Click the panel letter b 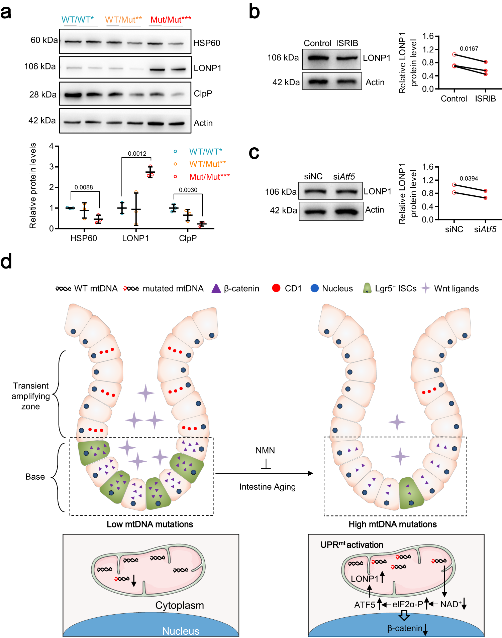[254, 12]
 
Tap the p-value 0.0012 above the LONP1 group [137, 154]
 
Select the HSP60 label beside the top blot [206, 43]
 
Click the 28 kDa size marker [43, 95]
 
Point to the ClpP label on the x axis [188, 238]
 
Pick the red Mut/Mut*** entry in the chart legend [209, 177]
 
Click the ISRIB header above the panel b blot [347, 43]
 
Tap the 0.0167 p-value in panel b [469, 49]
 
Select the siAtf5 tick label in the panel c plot [485, 229]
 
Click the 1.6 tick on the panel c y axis [428, 167]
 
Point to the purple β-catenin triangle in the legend [216, 289]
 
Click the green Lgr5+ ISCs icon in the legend [367, 288]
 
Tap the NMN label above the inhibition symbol [265, 451]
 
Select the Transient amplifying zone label [31, 396]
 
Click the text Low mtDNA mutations [150, 524]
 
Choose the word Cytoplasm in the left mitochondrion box [180, 605]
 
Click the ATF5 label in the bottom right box [365, 605]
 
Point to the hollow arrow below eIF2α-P [404, 615]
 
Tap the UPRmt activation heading [352, 545]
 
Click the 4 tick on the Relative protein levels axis [51, 146]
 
